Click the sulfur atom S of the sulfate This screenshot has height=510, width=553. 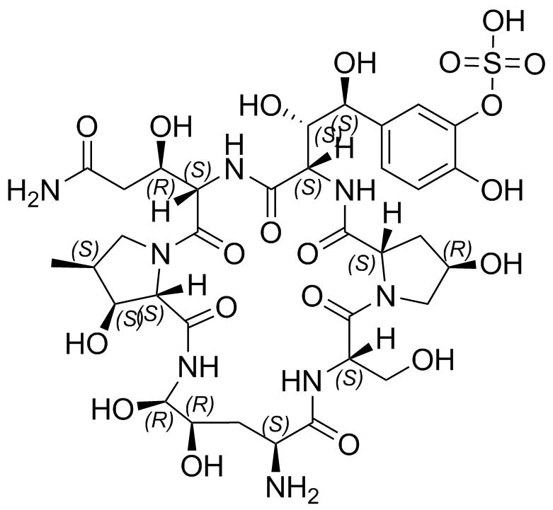click(x=491, y=64)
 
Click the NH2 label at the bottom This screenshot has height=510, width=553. click(x=292, y=489)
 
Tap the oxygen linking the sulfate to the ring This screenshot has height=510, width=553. click(x=491, y=104)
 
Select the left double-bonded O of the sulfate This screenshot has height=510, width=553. click(x=449, y=64)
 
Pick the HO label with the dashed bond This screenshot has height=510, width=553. click(x=261, y=105)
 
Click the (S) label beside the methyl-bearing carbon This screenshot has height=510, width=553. click(x=85, y=249)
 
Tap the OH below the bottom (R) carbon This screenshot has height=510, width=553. click(x=202, y=465)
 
